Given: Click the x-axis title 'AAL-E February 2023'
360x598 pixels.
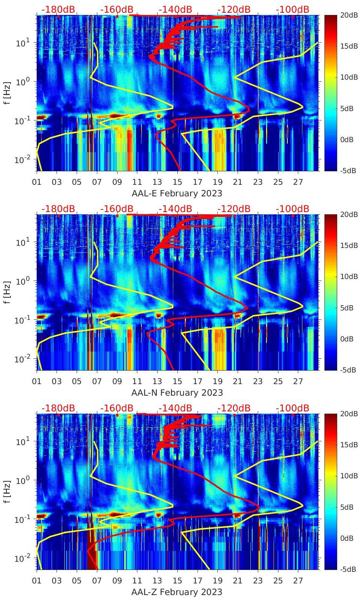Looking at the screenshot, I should tap(177, 194).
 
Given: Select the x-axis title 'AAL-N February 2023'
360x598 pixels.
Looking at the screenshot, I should tap(177, 393).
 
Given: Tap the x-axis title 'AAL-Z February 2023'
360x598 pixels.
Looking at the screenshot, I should tap(177, 592).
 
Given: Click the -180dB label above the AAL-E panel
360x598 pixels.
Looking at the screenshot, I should tap(58, 9).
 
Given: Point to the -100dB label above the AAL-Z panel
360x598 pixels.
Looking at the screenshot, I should tap(293, 408).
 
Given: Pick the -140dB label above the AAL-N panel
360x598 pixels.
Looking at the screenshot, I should tap(175, 209).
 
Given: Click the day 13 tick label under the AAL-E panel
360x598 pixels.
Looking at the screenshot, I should tap(157, 182).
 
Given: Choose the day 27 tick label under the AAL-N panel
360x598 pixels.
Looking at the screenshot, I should tap(298, 381).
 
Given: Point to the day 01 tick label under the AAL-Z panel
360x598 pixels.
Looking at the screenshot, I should tap(37, 581).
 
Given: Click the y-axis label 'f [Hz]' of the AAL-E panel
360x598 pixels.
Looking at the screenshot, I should tap(7, 93).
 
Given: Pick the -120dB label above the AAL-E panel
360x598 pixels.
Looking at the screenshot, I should tap(234, 9).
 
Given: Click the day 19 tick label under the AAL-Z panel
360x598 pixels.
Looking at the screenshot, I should tap(217, 581).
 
